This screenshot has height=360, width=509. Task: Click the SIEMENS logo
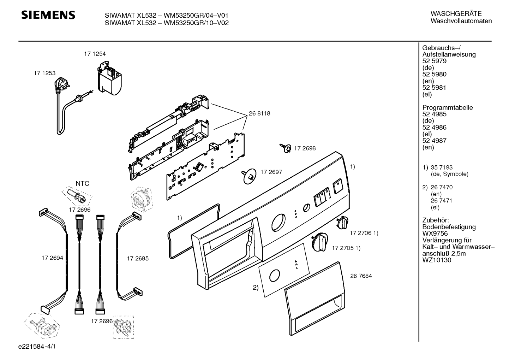tap(48, 15)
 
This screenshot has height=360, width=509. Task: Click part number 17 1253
tap(44, 73)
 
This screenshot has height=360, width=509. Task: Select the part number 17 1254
tap(95, 54)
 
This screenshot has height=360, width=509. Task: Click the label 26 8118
tap(259, 113)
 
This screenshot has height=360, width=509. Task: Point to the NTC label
tap(82, 183)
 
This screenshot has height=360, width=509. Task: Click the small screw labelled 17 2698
tap(286, 148)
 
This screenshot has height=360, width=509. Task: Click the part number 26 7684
tap(361, 276)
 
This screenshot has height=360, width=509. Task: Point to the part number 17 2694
tap(52, 258)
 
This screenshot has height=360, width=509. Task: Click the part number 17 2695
tap(138, 258)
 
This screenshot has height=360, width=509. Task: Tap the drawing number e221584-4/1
tap(37, 346)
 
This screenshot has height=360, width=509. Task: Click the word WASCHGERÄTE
tap(456, 13)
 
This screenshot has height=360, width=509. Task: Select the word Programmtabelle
tap(448, 107)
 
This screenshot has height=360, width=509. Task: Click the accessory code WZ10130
tap(437, 260)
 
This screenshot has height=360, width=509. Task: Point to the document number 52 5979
tap(434, 61)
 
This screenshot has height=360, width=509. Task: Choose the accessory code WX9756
tap(435, 233)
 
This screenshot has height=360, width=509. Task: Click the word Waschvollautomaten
tap(461, 21)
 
